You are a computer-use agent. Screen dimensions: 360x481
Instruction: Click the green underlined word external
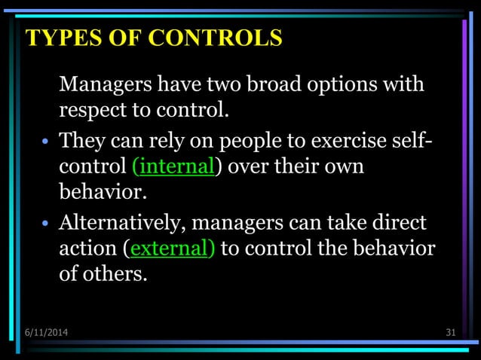[170, 248]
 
